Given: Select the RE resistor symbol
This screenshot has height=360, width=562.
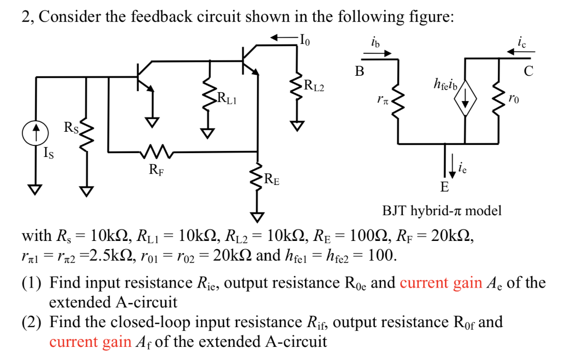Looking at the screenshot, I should [257, 177].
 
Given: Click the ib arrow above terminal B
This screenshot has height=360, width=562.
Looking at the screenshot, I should [377, 53].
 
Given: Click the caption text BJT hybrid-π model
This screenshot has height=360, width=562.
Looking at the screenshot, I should [442, 211].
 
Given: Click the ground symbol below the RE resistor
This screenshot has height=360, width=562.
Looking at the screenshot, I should [257, 216].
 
